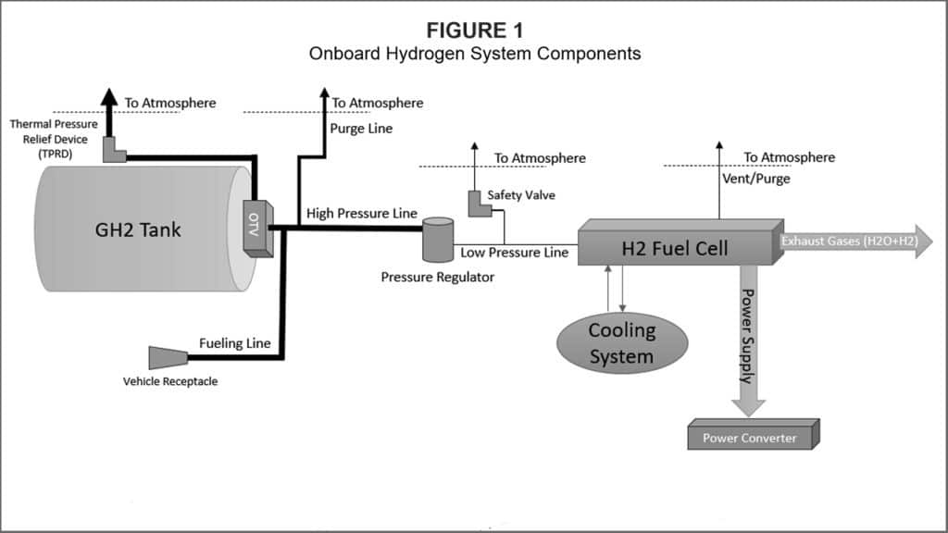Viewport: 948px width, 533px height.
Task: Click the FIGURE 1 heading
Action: [x=474, y=31]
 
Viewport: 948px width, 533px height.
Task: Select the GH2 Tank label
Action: [x=139, y=229]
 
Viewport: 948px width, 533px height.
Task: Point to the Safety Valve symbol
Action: [x=480, y=206]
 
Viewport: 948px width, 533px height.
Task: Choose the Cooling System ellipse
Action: [x=622, y=342]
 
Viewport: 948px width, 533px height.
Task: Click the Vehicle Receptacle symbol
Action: [x=168, y=357]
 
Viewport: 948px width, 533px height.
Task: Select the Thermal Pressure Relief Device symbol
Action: [x=114, y=150]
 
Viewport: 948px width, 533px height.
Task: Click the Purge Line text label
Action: [x=361, y=129]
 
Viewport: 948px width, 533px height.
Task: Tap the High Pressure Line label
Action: [x=362, y=214]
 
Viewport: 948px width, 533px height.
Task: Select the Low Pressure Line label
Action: [x=514, y=251]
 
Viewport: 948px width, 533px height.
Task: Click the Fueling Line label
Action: [x=235, y=343]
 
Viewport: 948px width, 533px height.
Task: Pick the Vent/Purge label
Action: [x=755, y=178]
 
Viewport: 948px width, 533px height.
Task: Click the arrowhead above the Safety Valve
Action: [x=474, y=148]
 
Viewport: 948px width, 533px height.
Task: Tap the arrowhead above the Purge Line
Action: [x=324, y=93]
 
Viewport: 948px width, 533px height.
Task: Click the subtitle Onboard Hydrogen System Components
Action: [x=474, y=54]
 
